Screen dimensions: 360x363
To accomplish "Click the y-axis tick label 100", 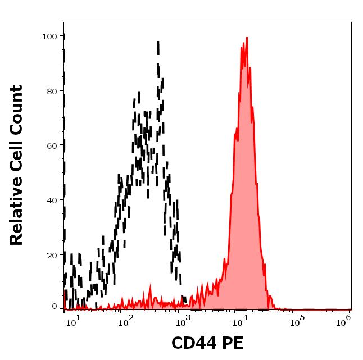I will [x=49, y=37].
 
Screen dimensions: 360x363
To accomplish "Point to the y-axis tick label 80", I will [x=51, y=91].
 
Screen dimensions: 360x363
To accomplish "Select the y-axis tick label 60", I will [x=51, y=145].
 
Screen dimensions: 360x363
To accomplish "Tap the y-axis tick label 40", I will [x=51, y=200].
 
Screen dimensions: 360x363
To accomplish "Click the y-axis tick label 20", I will [x=51, y=255].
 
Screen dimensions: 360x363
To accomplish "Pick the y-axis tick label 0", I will [x=54, y=307].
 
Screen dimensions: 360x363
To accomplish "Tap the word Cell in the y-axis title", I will [x=17, y=157].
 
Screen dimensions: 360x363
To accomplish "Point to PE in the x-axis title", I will [x=233, y=343].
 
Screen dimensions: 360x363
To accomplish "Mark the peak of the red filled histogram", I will [x=246, y=38].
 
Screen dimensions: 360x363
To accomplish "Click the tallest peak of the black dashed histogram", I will [x=158, y=42].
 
